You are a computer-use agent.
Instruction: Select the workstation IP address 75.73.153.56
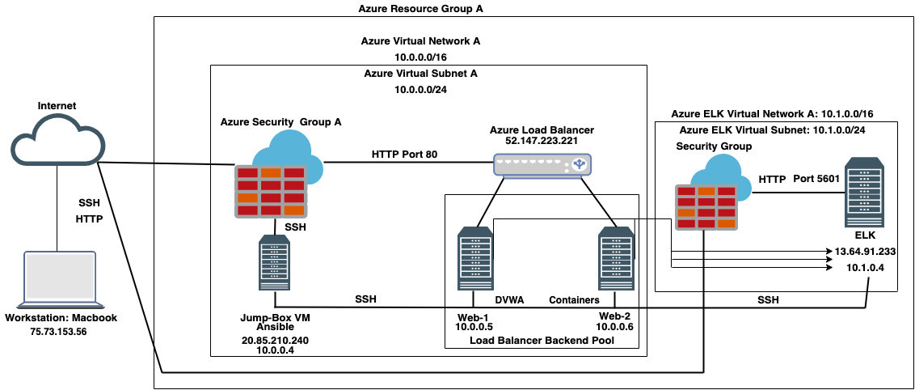point(61,331)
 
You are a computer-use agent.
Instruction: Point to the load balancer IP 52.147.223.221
point(542,141)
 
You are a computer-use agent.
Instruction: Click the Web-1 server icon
point(474,258)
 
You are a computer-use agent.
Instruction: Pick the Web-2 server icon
point(614,258)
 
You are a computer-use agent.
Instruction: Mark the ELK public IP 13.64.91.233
point(866,252)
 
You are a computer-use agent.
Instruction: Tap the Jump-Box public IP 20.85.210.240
point(276,341)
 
